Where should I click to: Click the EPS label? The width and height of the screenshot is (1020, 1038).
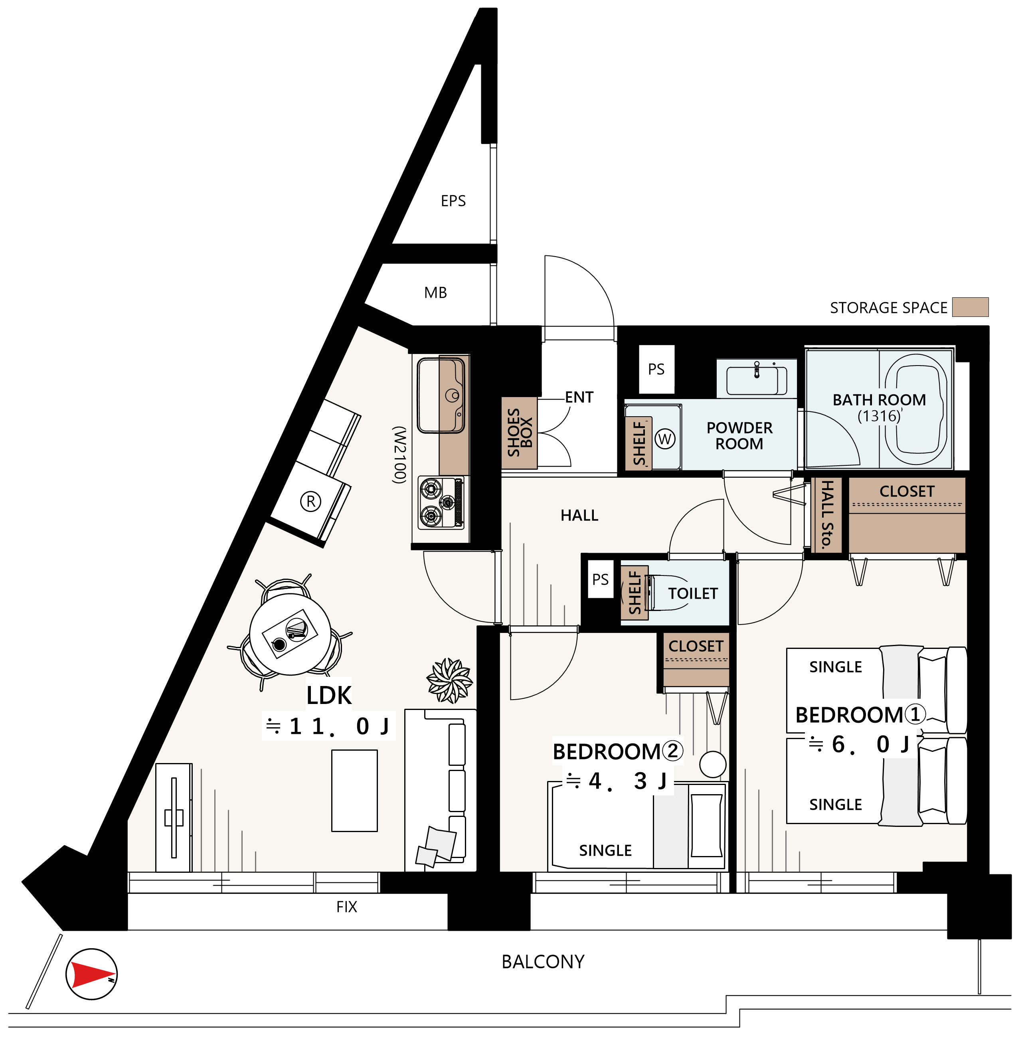[453, 201]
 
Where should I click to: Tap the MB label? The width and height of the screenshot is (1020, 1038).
[435, 293]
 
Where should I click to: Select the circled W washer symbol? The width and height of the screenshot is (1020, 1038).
[665, 439]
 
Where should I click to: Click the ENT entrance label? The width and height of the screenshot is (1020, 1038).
[579, 397]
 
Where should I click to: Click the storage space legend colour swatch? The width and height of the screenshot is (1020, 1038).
[970, 307]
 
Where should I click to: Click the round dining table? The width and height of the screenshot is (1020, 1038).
[290, 634]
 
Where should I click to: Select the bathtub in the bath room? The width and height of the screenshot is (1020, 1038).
[917, 408]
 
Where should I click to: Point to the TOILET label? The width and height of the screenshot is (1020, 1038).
[693, 593]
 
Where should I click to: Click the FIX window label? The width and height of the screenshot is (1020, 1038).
[347, 907]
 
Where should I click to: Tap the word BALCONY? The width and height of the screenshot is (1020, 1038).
[543, 962]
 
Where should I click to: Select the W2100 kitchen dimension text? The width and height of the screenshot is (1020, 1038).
[400, 455]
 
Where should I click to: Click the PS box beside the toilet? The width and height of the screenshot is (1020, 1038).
[600, 579]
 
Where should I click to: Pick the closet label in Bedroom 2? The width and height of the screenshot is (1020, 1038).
[696, 646]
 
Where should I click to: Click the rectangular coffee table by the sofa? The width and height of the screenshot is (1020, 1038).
[354, 791]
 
